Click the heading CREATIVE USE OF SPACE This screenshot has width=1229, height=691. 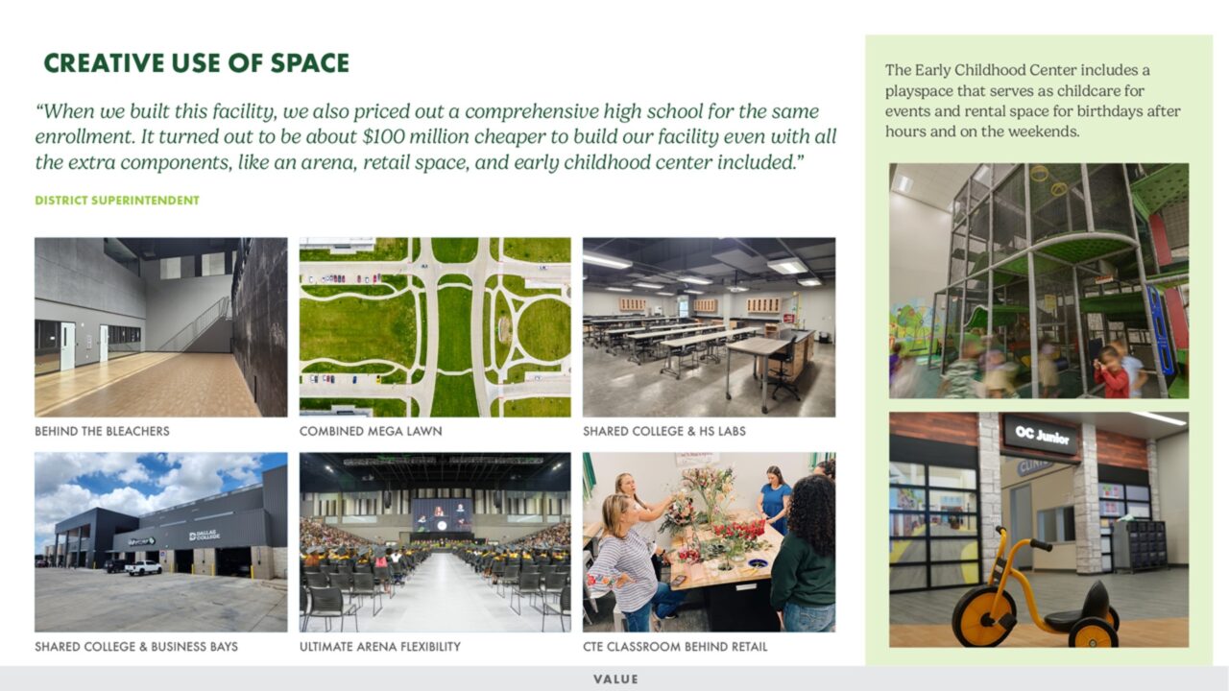[196, 63]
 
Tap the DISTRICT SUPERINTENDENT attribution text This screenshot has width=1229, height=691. [117, 201]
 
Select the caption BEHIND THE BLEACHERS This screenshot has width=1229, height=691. [102, 432]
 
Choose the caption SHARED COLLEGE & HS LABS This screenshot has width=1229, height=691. [663, 432]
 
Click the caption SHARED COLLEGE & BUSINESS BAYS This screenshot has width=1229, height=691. [136, 647]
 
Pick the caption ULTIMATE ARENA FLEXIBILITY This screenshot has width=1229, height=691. [379, 647]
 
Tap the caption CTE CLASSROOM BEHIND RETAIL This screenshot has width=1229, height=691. [675, 647]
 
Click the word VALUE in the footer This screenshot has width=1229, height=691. [615, 679]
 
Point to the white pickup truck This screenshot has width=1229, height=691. [143, 567]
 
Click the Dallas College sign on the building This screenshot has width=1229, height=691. [204, 535]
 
